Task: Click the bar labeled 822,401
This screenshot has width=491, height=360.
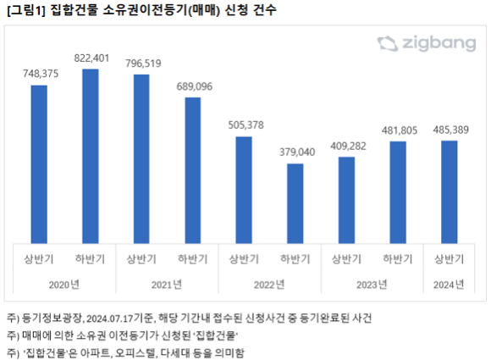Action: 91,157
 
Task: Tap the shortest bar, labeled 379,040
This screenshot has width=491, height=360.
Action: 295,203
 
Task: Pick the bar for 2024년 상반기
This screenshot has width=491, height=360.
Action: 450,192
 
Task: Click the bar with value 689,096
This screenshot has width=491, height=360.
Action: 193,170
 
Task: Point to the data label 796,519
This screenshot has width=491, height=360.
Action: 143,64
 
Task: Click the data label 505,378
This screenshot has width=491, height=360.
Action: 245,125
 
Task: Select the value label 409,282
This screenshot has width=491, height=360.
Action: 348,147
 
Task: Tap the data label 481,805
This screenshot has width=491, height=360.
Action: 400,130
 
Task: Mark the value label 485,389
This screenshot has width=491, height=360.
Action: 451,130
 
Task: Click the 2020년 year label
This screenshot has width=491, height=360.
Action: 63,285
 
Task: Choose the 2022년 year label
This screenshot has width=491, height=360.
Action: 269,285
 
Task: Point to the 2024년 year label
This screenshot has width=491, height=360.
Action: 449,285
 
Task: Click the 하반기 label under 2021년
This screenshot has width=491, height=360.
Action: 193,259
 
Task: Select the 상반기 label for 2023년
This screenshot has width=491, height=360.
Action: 346,259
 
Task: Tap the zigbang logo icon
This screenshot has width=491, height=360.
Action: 388,44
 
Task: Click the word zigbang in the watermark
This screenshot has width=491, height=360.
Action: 439,44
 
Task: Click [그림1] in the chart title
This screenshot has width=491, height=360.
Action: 26,10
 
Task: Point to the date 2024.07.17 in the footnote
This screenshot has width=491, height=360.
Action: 109,318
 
